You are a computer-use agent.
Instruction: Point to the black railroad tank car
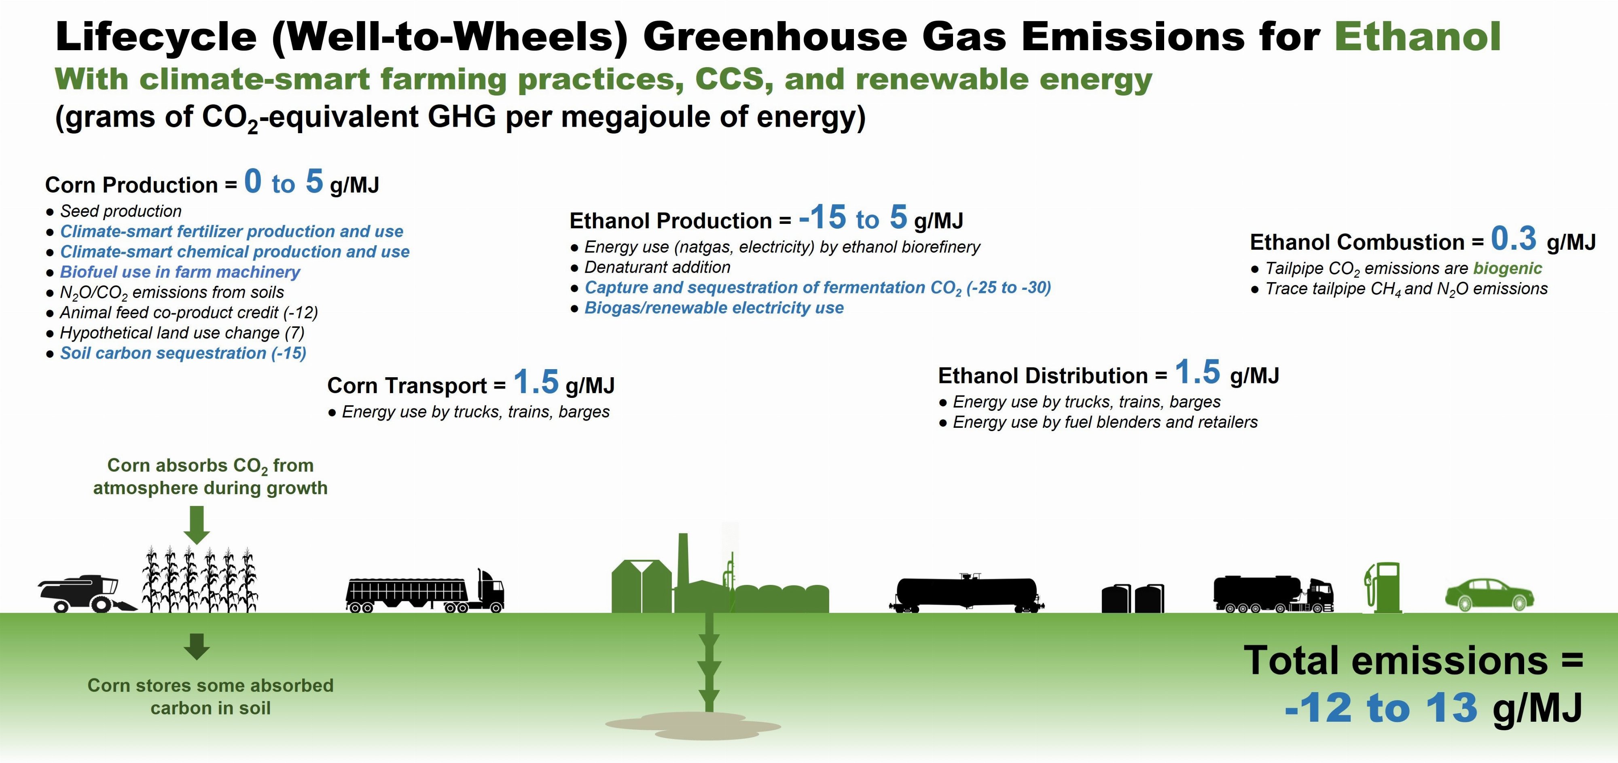coord(967,594)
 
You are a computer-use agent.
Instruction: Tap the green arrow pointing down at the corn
coord(197,525)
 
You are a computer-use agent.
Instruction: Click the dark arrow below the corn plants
coord(197,646)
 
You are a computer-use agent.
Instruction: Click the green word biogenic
coord(1508,268)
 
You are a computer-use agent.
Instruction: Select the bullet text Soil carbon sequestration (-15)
coord(183,353)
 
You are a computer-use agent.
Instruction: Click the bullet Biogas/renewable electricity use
coord(714,308)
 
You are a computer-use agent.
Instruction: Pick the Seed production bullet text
coord(121,211)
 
